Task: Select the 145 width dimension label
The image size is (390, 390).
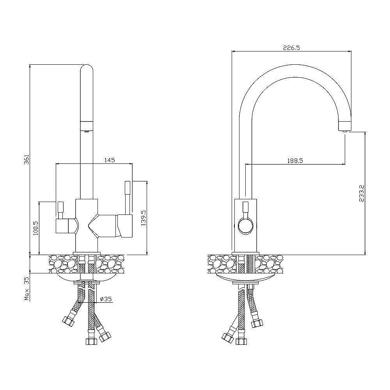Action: pos(110,160)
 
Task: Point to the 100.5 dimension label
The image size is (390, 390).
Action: pos(35,228)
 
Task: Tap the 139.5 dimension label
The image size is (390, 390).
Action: pos(144,218)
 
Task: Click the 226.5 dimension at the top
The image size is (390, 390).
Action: pos(291,48)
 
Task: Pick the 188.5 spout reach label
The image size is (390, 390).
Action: pos(295,161)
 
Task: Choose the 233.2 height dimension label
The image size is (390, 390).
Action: pos(362,193)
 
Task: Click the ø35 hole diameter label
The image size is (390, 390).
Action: pos(106,299)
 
